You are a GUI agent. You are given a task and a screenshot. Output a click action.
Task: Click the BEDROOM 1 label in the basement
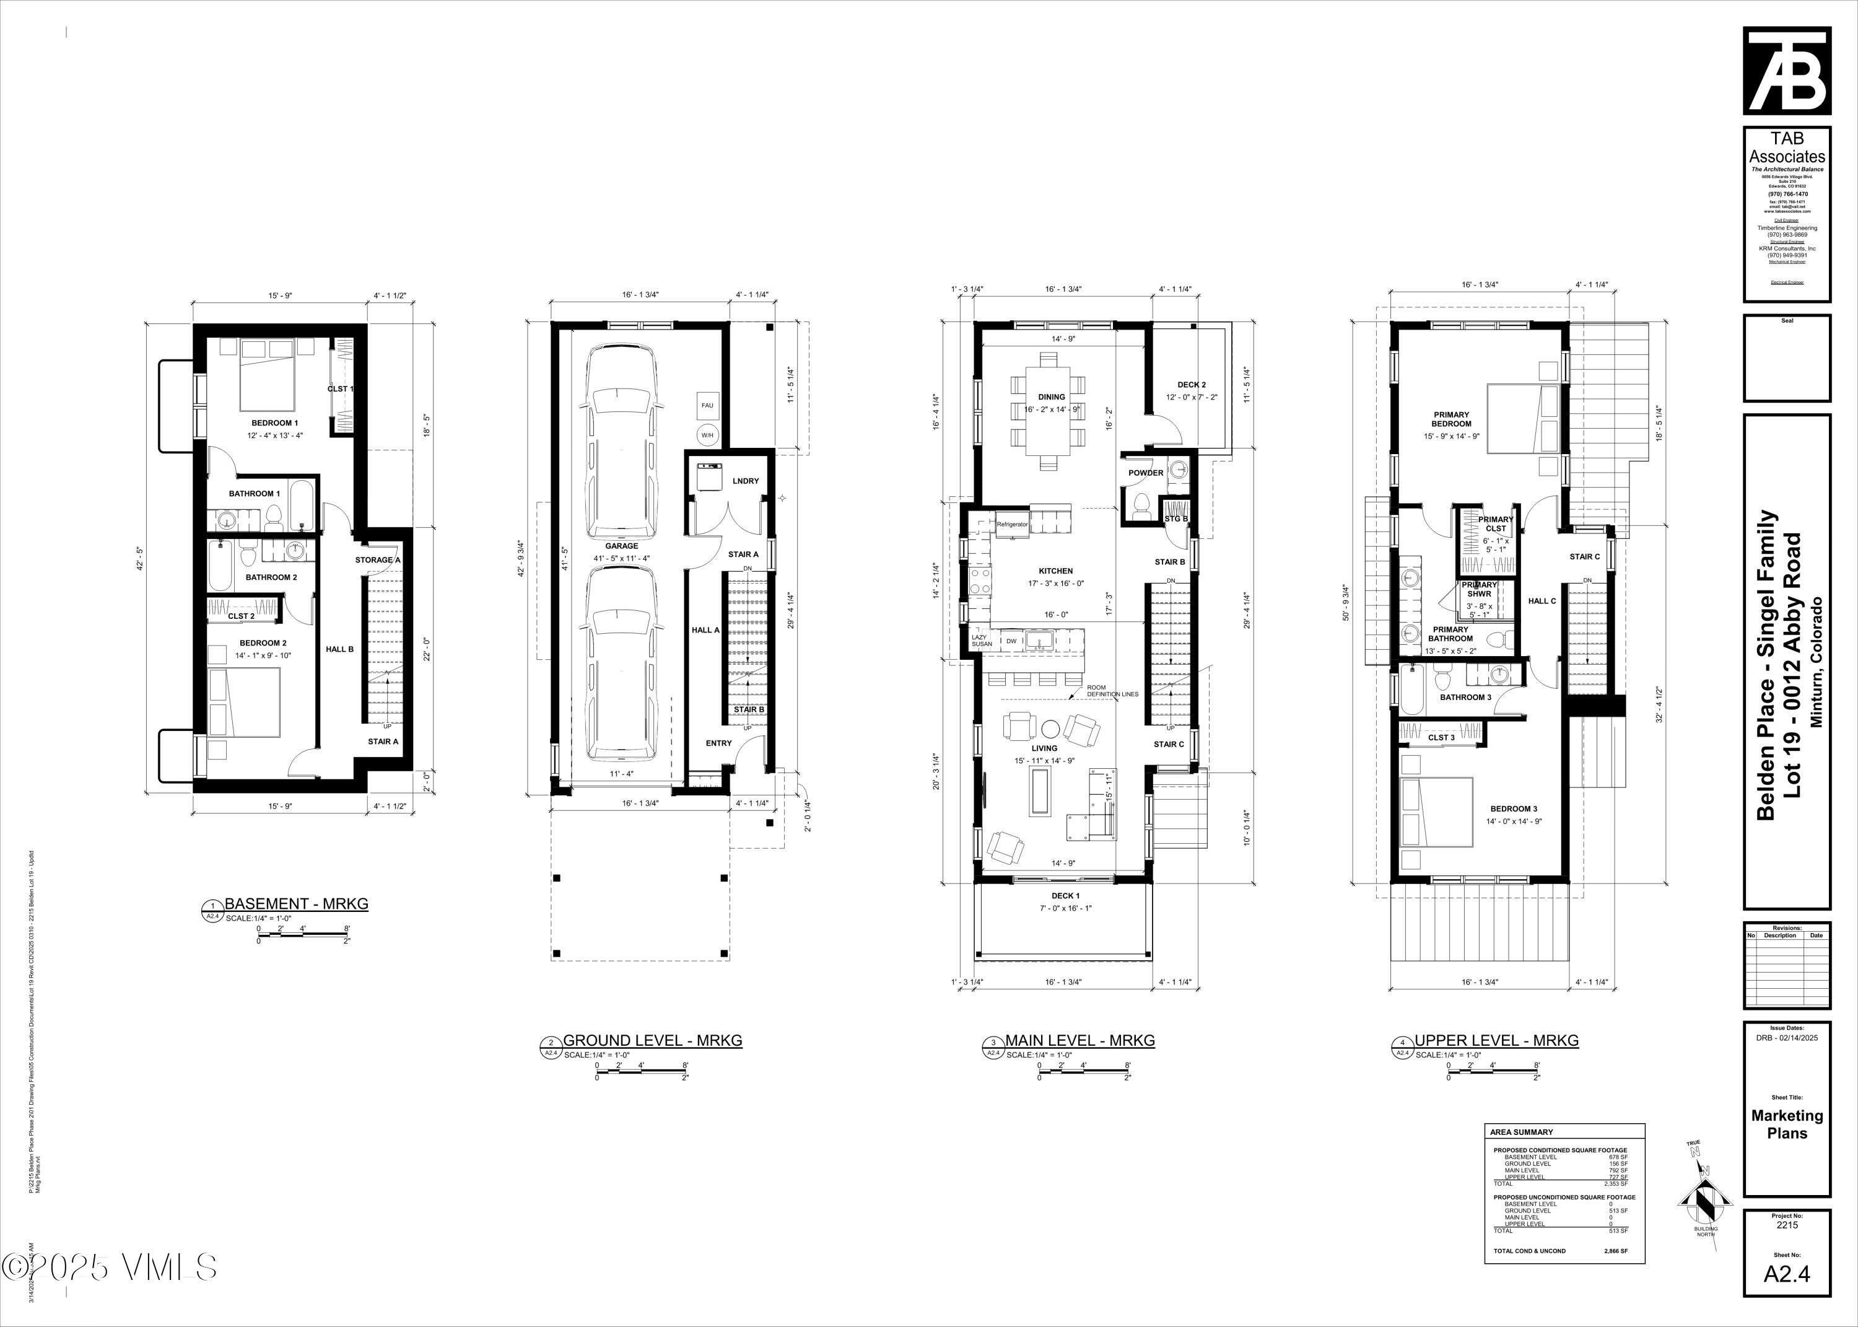pos(274,423)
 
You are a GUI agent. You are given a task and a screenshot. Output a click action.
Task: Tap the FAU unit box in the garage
pos(707,405)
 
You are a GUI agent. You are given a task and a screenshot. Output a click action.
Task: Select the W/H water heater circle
pos(707,435)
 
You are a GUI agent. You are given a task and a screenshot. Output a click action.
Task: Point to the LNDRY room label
pos(746,481)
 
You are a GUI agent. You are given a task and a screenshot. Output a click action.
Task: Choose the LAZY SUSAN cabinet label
pos(981,641)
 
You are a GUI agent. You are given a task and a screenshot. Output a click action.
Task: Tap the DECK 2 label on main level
pos(1191,385)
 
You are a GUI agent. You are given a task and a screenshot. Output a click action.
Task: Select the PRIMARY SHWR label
pos(1479,589)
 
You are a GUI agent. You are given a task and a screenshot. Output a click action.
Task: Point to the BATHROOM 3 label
pos(1465,697)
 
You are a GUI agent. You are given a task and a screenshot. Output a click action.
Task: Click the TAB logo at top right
pos(1787,71)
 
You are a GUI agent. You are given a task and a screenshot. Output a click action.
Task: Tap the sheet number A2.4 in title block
pos(1787,1274)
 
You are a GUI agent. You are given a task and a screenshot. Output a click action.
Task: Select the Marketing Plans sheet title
pos(1787,1124)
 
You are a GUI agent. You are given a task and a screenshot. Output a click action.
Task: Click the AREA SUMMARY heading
pos(1522,1132)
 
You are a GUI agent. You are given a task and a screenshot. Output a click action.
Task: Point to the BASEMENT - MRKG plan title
pos(295,904)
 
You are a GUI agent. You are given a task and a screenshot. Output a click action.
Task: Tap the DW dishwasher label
pos(1011,641)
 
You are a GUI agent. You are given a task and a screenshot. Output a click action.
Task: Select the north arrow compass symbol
pos(1705,1197)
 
